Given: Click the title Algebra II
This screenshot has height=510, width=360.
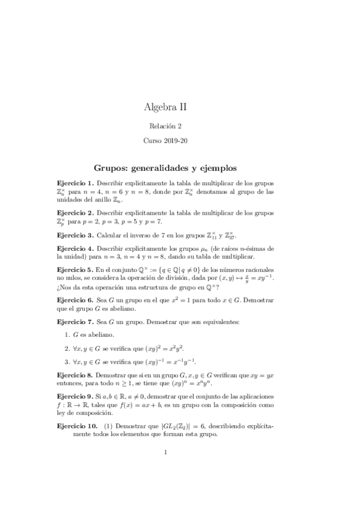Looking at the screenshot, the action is pyautogui.click(x=165, y=107).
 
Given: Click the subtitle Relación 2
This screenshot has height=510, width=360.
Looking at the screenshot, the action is pyautogui.click(x=165, y=126).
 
